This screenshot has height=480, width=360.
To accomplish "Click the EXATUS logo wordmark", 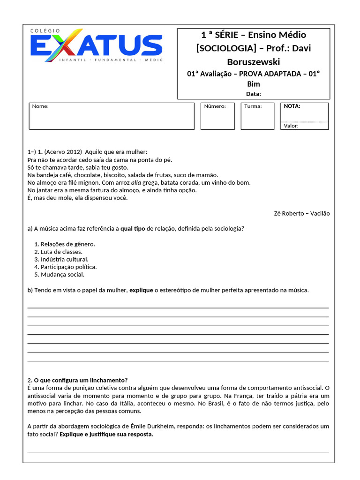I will [97, 45].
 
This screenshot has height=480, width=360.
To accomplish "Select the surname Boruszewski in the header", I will [254, 61].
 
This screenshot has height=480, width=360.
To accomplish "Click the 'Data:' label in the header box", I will [253, 94].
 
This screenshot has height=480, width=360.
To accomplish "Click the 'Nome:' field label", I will [40, 106].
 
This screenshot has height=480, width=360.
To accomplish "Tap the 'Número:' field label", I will [215, 106].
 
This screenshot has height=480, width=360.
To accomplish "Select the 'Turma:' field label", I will [253, 106].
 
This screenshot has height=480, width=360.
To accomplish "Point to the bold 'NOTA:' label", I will [292, 106].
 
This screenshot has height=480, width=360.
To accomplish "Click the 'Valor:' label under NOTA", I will [291, 126].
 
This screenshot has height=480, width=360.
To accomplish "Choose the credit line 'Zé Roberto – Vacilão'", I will [301, 213].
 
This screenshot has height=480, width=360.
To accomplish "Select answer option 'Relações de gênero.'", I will [67, 244].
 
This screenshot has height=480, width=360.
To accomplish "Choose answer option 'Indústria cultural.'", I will [64, 259].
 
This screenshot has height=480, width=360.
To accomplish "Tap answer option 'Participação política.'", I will [68, 267].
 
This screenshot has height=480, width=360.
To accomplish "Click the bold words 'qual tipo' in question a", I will [133, 229].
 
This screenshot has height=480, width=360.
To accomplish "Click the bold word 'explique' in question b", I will [141, 290].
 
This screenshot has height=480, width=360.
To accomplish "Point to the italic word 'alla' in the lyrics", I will [136, 182].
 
